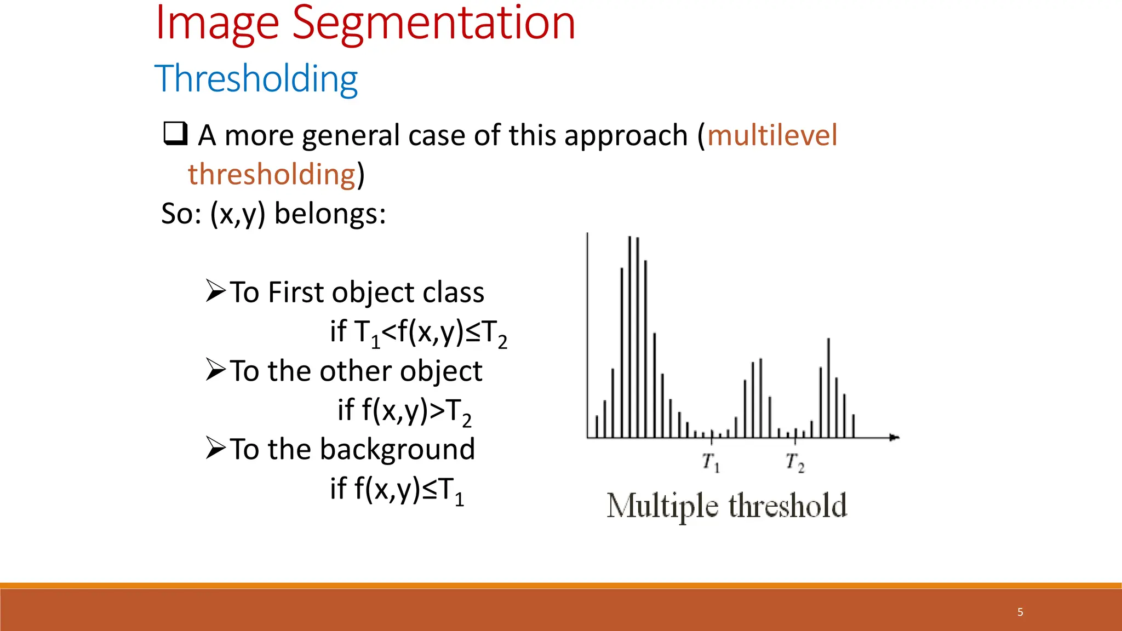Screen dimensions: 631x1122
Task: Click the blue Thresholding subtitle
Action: click(x=256, y=79)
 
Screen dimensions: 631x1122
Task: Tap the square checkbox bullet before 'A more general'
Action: click(x=175, y=134)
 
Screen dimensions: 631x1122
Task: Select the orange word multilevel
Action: click(x=772, y=135)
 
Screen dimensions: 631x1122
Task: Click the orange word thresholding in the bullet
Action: click(x=272, y=175)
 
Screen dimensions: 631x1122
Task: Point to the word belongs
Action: click(x=330, y=214)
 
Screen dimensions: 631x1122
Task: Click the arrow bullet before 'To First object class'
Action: click(x=215, y=291)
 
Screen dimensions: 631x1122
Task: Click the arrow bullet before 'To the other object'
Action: click(x=215, y=370)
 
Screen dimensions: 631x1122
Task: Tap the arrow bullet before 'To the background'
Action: click(x=215, y=448)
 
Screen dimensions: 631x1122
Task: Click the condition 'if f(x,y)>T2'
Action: click(x=404, y=411)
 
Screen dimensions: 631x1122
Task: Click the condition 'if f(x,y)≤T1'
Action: click(x=397, y=489)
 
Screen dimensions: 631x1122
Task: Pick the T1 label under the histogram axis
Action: click(x=711, y=462)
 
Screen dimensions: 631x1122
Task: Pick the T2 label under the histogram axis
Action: click(x=794, y=462)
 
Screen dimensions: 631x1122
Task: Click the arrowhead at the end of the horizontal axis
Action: click(x=894, y=437)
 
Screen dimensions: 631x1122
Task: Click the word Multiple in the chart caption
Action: click(x=662, y=506)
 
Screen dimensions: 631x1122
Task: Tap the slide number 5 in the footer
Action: click(x=1020, y=612)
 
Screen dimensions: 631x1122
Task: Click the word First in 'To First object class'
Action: click(x=296, y=292)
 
